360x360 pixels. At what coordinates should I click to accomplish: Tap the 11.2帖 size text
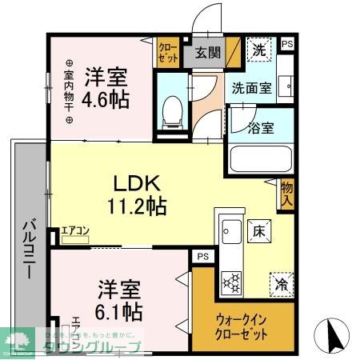pyautogui.click(x=137, y=206)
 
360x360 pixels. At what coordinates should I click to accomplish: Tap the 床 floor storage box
pyautogui.click(x=258, y=230)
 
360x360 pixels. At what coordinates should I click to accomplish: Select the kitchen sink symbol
pyautogui.click(x=230, y=233)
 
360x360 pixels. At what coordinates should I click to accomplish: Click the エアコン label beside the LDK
pyautogui.click(x=77, y=232)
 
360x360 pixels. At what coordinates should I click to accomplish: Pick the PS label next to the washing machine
pyautogui.click(x=286, y=46)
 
